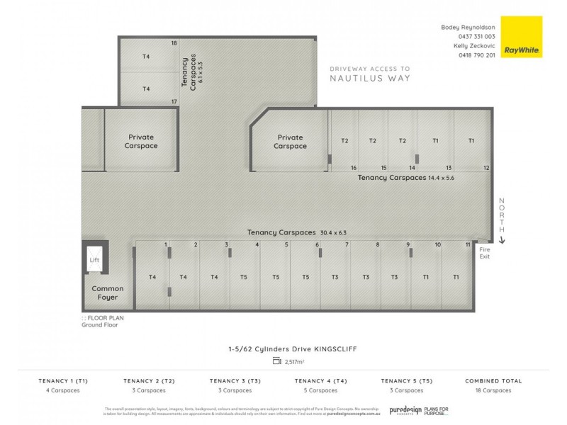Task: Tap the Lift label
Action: point(94,261)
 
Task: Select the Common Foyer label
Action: point(108,293)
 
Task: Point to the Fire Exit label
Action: point(485,253)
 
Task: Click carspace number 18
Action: point(174,43)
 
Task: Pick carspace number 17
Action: point(174,101)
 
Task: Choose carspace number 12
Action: point(486,168)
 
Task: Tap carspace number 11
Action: point(468,244)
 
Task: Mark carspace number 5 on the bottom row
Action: point(286,244)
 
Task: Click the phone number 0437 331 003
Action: point(477,36)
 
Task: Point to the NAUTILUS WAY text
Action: point(369,79)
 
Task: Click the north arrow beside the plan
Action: point(503,240)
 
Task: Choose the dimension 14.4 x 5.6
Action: point(441,178)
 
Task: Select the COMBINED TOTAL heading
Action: point(493,381)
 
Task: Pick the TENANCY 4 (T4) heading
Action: point(320,381)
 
